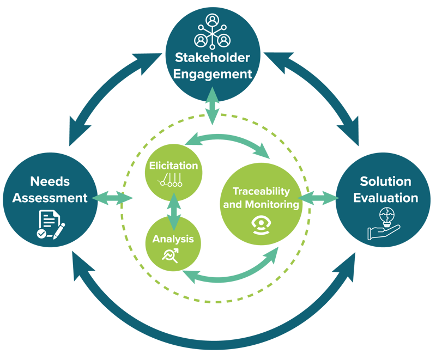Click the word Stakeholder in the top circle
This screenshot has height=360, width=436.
(x=212, y=58)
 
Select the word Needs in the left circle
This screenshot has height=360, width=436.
(x=50, y=181)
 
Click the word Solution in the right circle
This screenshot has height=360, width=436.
(x=385, y=181)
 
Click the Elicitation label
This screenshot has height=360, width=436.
(x=173, y=166)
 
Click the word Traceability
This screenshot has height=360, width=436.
(x=261, y=192)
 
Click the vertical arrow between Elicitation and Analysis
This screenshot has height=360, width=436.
(x=174, y=211)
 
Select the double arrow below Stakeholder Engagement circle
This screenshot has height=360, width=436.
(x=212, y=110)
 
